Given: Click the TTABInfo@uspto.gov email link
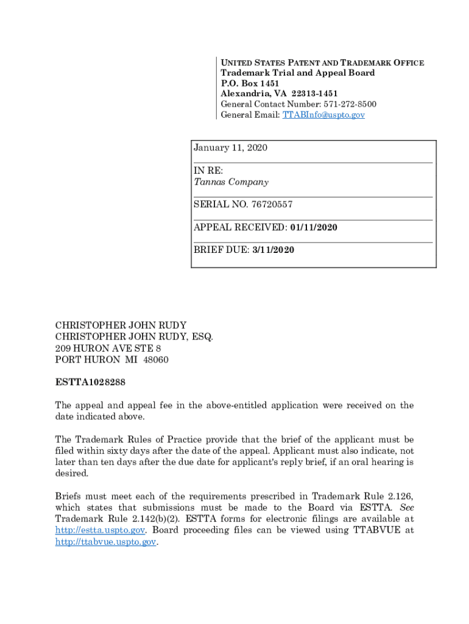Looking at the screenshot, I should [323, 115].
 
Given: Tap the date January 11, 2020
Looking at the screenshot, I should [230, 148].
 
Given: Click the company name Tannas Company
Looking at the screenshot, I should [231, 182].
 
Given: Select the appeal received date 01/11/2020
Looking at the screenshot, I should [314, 227].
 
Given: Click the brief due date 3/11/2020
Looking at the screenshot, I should [273, 250].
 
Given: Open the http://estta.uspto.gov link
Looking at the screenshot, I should [100, 530].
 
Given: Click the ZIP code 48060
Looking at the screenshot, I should [156, 360].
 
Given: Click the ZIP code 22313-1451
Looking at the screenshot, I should [314, 94].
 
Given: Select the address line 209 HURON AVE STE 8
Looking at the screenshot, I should [108, 348].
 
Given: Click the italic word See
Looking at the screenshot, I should [406, 508].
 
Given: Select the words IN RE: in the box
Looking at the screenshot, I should [208, 171].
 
